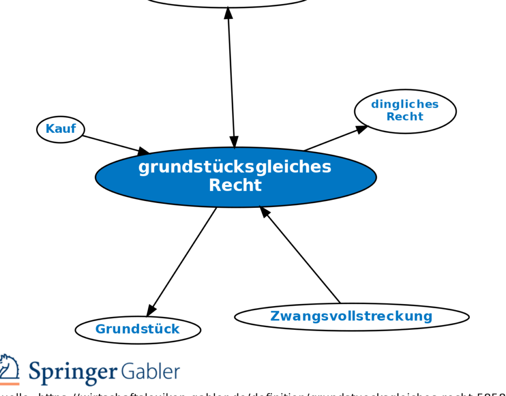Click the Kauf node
click(60, 129)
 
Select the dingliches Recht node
click(405, 111)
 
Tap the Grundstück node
click(137, 329)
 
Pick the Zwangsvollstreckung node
click(351, 317)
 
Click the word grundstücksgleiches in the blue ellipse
click(235, 167)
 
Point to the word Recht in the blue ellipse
click(235, 186)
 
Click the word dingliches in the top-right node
click(405, 104)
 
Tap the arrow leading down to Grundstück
click(183, 259)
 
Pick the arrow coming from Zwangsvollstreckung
click(301, 256)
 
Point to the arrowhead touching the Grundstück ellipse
click(151, 310)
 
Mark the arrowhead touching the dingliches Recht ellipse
click(362, 128)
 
